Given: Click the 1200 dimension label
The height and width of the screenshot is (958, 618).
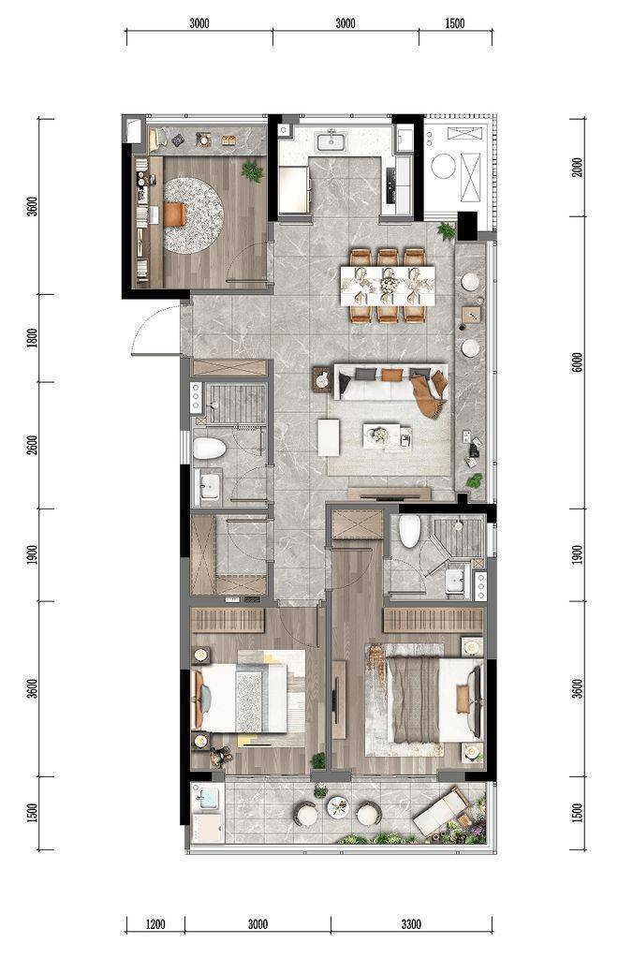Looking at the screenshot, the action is click(x=155, y=924).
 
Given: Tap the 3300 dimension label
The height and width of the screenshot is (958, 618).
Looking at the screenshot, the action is click(x=412, y=924).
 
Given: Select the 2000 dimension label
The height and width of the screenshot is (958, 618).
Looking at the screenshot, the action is click(x=578, y=167).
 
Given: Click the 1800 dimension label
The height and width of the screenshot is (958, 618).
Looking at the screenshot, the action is click(x=33, y=338).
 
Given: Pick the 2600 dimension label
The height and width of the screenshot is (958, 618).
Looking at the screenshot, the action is click(x=33, y=445).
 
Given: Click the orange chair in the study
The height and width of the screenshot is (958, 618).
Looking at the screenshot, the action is click(x=174, y=214).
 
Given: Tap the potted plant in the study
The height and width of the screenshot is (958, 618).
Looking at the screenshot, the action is click(x=252, y=171).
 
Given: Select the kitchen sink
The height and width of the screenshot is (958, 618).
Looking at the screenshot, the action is click(x=331, y=141).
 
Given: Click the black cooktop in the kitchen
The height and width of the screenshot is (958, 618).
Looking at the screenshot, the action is click(x=391, y=185).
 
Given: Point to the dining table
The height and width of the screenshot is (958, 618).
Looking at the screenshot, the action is click(x=388, y=286).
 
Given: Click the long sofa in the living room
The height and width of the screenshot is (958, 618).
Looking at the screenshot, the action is click(x=390, y=381).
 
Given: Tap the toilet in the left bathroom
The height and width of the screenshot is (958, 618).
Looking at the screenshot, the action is click(x=210, y=450).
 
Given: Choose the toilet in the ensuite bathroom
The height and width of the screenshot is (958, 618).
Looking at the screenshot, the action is click(x=410, y=532).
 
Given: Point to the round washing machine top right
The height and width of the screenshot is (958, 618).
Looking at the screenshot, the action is click(x=443, y=166).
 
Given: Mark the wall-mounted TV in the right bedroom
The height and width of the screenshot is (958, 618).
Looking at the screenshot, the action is click(x=335, y=697).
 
